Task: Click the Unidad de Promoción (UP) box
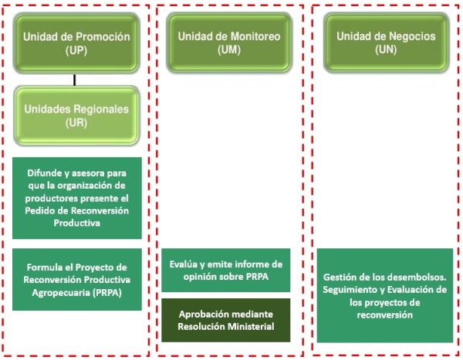pos(76,43)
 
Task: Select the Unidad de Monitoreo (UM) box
pos(229,42)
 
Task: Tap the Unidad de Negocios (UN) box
pos(387,42)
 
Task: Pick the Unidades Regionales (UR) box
pos(76,116)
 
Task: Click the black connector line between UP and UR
pos(74,79)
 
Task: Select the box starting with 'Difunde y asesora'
pos(77,198)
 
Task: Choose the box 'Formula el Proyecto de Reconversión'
pos(77,279)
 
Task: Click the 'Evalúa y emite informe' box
pos(226,271)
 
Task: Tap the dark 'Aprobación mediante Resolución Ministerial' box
pos(226,320)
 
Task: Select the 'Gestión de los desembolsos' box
pos(385,296)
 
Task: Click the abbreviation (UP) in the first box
pos(76,50)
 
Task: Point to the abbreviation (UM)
pos(229,49)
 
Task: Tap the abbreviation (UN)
pos(386,49)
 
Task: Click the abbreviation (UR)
pos(76,123)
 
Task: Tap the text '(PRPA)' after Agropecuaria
pos(107,293)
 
